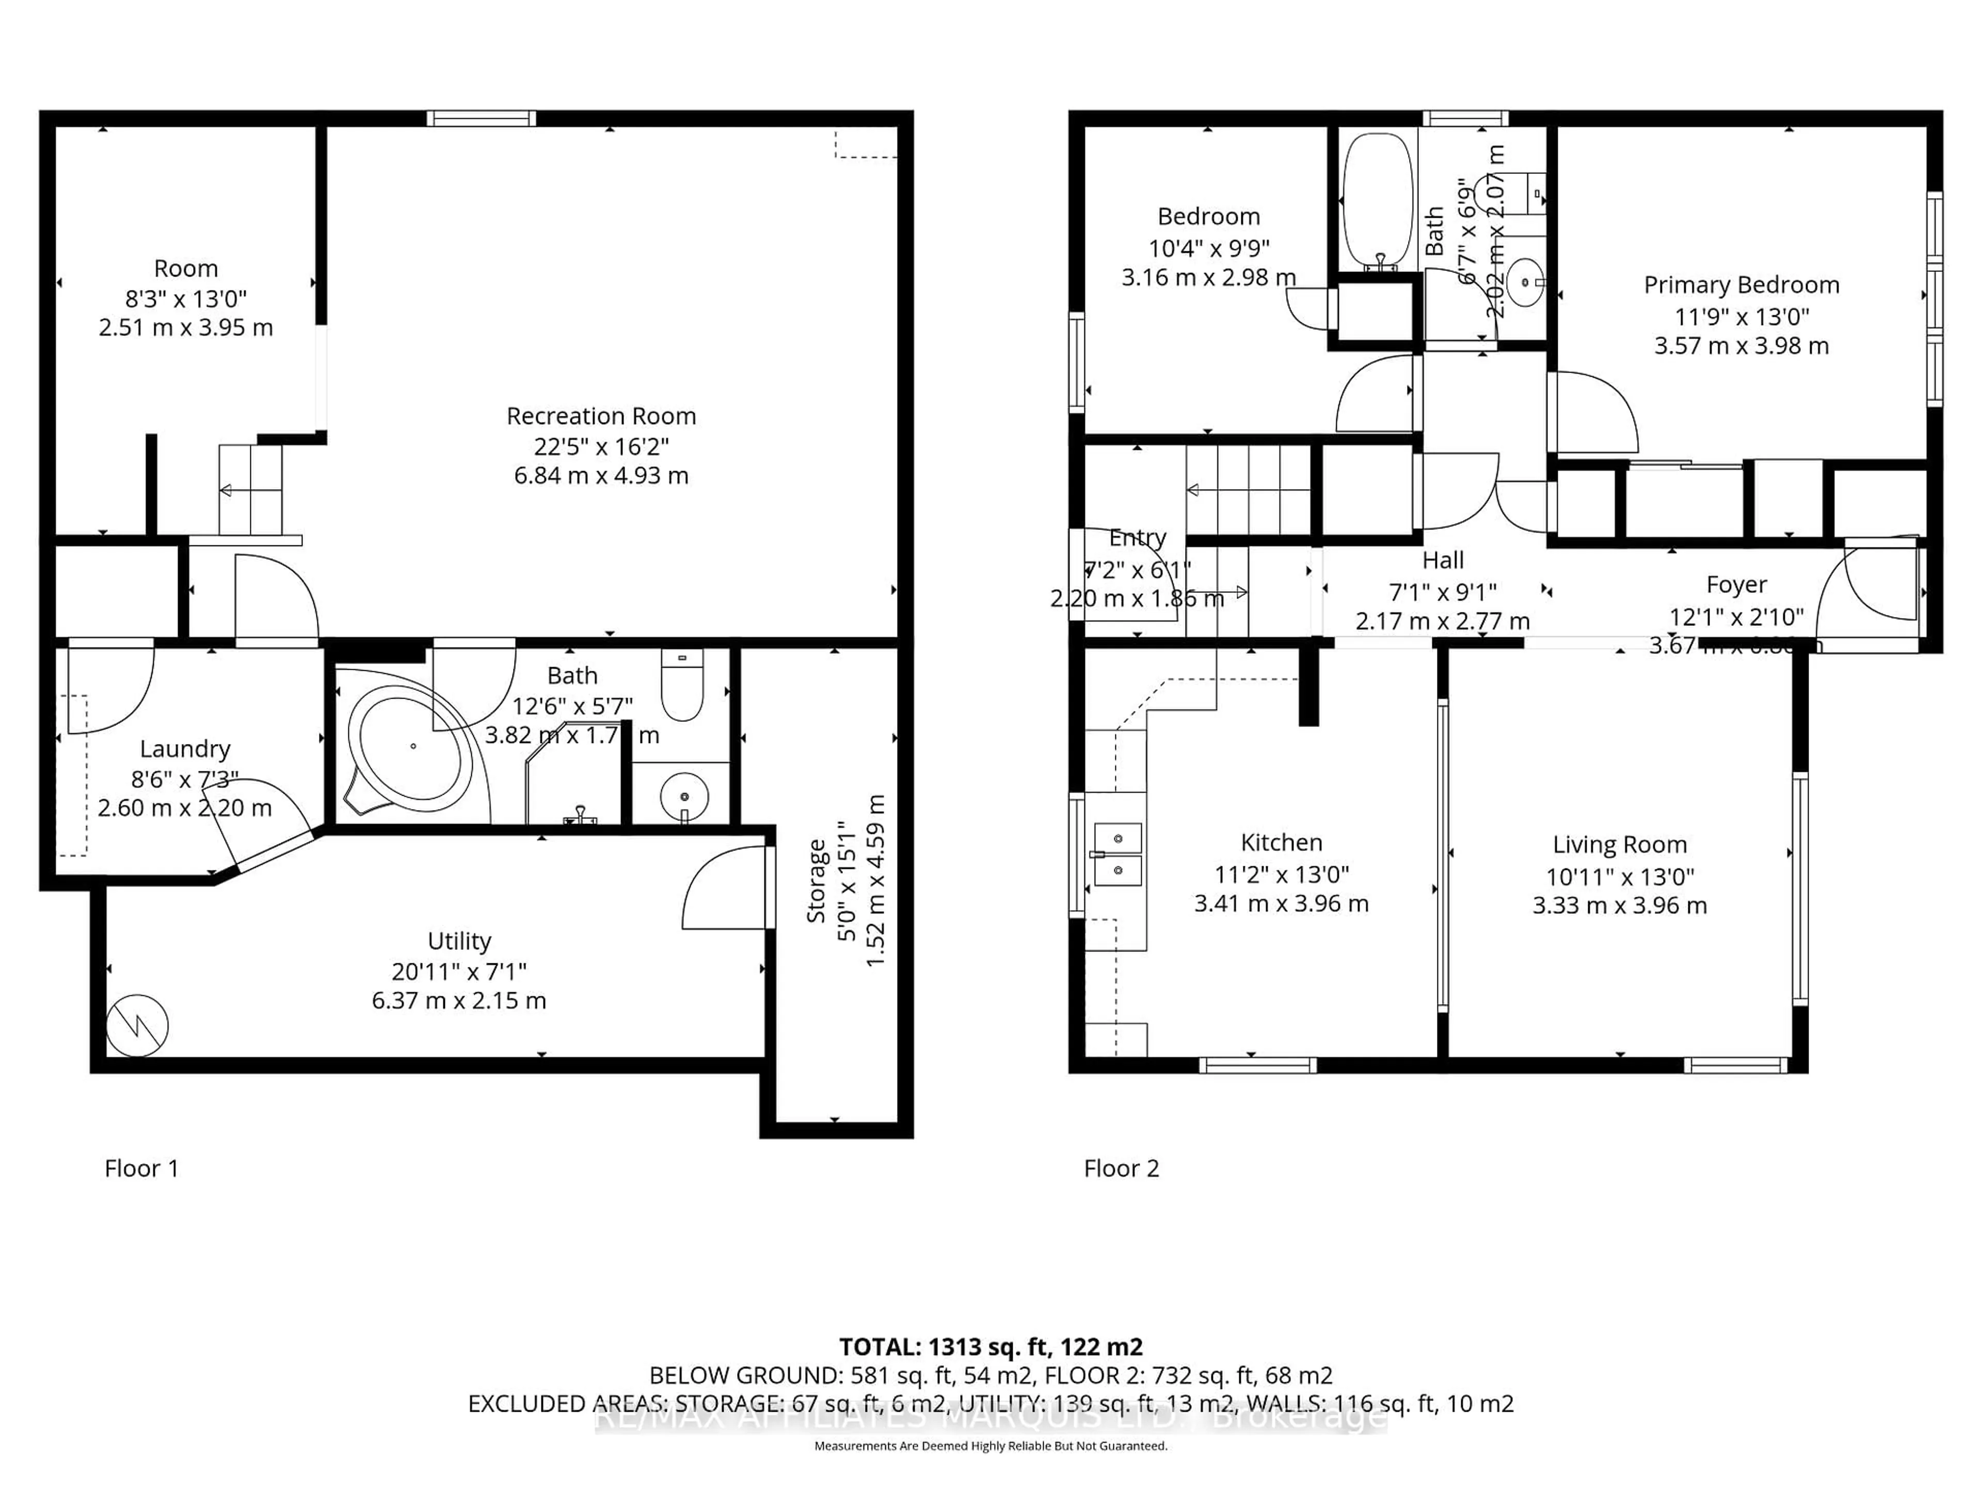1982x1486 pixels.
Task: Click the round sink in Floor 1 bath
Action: pos(684,796)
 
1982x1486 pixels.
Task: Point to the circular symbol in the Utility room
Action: pos(137,1026)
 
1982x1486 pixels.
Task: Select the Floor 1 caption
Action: pos(141,1168)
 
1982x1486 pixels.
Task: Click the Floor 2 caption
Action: pos(1121,1168)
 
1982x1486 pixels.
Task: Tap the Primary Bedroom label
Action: pos(1741,285)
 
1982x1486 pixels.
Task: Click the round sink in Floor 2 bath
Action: pos(1525,283)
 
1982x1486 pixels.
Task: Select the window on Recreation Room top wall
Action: pos(481,118)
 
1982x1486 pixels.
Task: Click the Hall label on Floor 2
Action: pos(1443,561)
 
